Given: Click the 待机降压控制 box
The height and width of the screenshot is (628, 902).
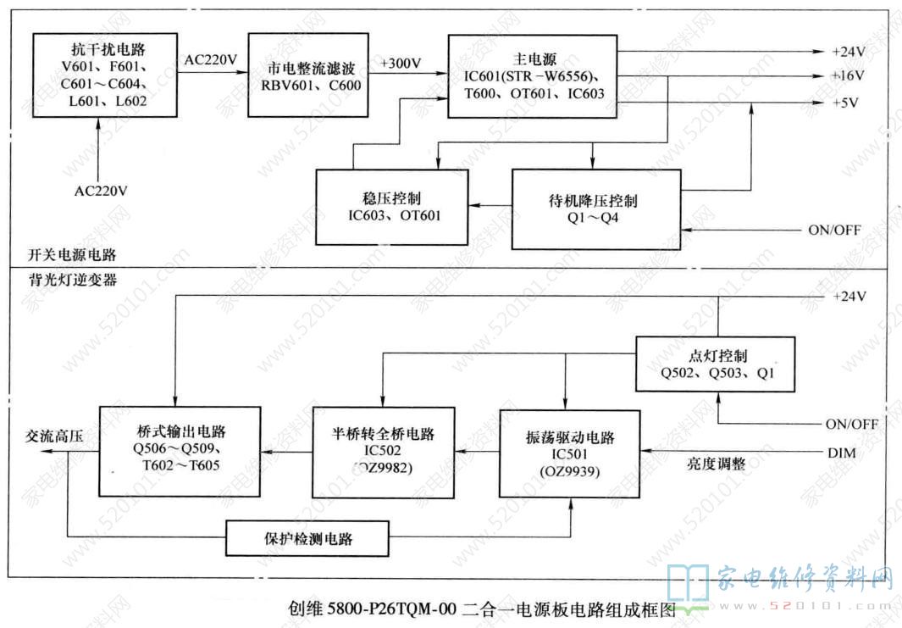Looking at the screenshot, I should (595, 208).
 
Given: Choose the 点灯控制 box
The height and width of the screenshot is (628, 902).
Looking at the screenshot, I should (716, 364).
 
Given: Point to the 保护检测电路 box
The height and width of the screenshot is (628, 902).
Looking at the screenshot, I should (307, 537).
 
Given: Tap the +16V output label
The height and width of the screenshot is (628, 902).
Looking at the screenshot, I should (847, 76).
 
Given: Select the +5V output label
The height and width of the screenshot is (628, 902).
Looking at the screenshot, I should (844, 103).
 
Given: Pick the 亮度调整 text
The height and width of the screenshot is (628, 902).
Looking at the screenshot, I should (715, 464).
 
